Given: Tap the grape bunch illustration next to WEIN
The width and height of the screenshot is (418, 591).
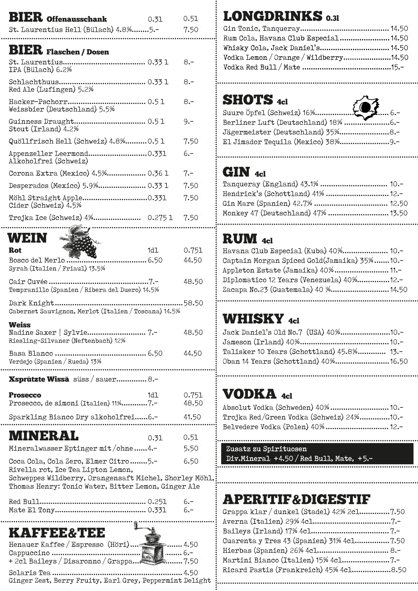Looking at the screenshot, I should click(81, 242).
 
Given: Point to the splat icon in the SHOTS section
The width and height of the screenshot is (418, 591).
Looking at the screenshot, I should click(366, 107).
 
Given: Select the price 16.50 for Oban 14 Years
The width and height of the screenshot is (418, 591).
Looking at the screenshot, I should click(398, 361).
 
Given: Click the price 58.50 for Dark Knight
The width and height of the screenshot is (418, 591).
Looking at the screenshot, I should click(193, 303).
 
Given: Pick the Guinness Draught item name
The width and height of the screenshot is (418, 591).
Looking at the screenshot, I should click(41, 121).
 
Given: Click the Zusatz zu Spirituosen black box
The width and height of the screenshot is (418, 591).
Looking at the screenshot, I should click(317, 454).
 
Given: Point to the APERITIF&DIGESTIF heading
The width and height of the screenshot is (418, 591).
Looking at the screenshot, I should click(296, 499).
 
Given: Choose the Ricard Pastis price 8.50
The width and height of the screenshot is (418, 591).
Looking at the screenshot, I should click(398, 570).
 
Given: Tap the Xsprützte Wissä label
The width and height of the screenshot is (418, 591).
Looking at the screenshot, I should click(39, 379).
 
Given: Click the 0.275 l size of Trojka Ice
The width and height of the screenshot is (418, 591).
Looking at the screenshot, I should click(160, 218).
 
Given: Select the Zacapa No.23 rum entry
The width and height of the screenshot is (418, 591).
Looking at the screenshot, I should click(276, 290).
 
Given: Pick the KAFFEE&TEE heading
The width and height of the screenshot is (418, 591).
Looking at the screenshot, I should click(57, 533).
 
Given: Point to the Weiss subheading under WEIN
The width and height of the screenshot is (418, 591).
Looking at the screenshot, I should click(20, 325).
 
